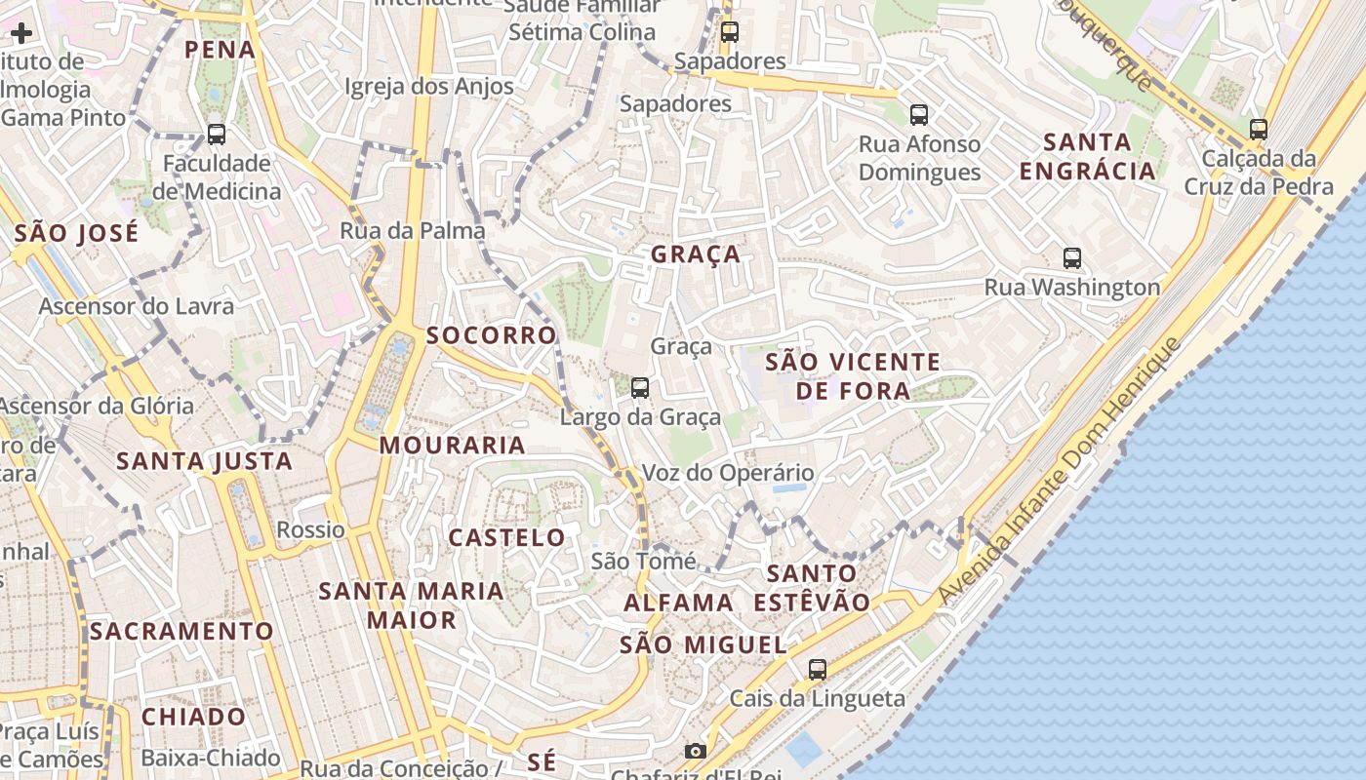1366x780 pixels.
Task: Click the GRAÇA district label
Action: point(696,254)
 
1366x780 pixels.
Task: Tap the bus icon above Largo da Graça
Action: point(640,388)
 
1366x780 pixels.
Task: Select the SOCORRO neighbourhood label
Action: point(491,335)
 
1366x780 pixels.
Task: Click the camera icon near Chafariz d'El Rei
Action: point(695,751)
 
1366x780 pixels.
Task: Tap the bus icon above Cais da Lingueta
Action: point(818,670)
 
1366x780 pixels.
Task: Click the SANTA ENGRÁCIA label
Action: point(1087,156)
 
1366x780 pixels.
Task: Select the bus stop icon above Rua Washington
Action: point(1072,258)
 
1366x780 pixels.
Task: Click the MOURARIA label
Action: point(452,446)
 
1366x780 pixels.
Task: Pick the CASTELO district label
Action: point(506,537)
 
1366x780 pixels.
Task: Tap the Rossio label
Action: point(311,529)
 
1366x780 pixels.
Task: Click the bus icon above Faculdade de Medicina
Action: point(217,135)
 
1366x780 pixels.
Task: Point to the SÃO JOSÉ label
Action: point(76,233)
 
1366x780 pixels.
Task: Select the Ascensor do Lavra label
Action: point(137,306)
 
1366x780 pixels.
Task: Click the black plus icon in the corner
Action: point(21,33)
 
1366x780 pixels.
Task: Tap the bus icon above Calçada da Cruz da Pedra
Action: point(1259,129)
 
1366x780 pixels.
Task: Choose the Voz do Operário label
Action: point(727,473)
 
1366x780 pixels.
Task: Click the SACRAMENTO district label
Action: point(181,631)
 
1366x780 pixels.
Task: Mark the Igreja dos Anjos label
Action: point(429,87)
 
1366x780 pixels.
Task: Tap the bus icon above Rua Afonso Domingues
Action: point(919,115)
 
